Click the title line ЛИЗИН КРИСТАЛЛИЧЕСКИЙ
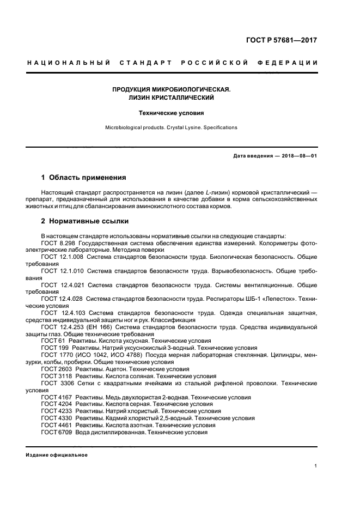171,98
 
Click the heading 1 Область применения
84,178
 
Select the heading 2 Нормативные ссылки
85,222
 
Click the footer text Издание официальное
57,455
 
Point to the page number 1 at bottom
316,466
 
